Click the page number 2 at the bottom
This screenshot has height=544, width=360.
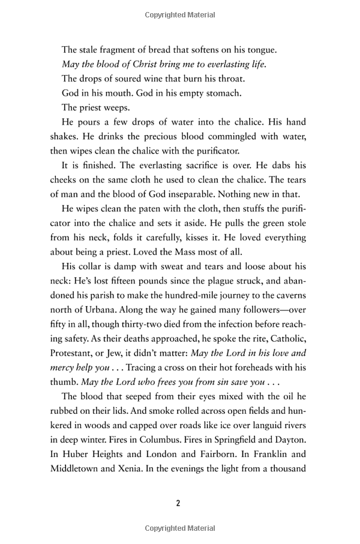tap(179, 503)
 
